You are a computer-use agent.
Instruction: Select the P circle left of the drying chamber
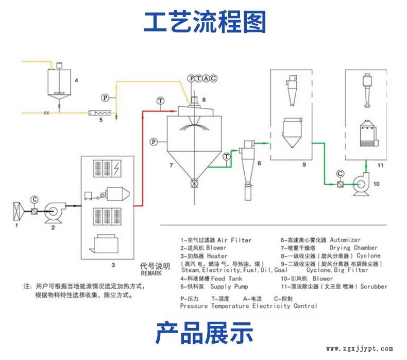click(153, 141)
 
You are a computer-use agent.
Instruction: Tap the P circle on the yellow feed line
click(105, 97)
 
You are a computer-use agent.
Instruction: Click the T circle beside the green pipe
click(227, 156)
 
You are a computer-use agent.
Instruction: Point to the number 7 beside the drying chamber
click(171, 165)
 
